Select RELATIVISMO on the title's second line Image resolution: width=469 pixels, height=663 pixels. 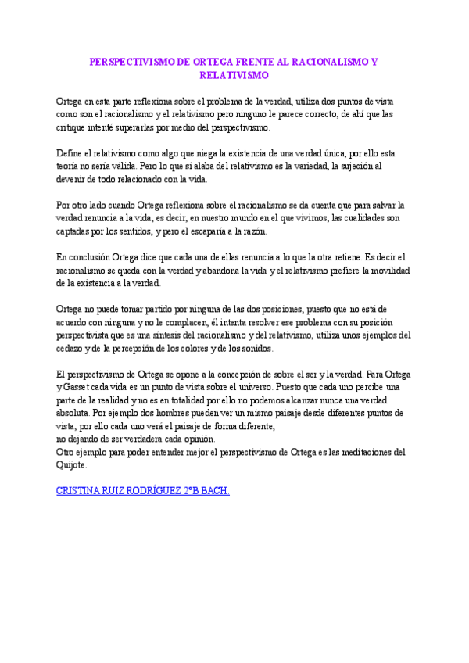coord(234,76)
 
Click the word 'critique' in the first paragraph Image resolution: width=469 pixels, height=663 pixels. coord(73,127)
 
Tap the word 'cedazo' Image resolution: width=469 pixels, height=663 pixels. coord(72,349)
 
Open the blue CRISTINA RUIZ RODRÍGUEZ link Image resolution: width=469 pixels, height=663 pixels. coord(143,492)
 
